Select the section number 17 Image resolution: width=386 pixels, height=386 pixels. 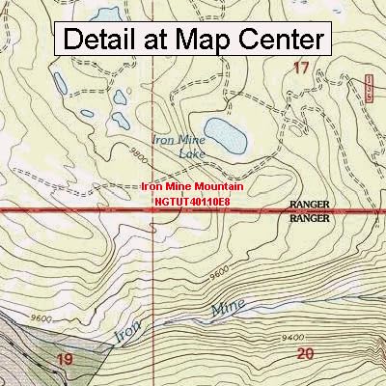click(301, 69)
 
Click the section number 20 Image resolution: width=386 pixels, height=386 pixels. click(306, 354)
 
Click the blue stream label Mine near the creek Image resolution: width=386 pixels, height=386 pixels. click(224, 306)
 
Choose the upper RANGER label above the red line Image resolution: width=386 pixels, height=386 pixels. click(309, 205)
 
